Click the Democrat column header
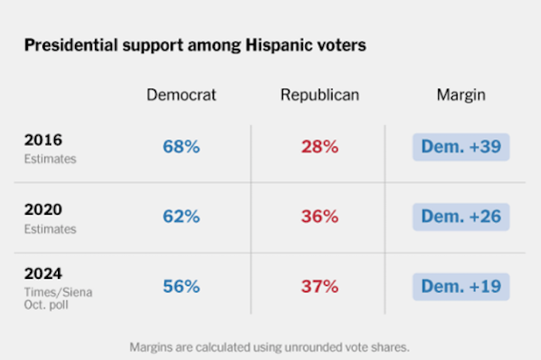click(x=182, y=95)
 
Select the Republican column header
click(x=319, y=95)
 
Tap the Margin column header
click(x=461, y=95)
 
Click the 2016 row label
click(x=43, y=141)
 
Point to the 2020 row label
click(x=43, y=210)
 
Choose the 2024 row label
click(x=43, y=273)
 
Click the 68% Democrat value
click(x=182, y=147)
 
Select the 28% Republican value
click(x=320, y=147)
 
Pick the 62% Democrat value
click(x=182, y=216)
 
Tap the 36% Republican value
click(x=320, y=216)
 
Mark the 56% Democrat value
click(x=182, y=287)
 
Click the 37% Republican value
click(x=320, y=287)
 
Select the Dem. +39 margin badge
click(x=461, y=147)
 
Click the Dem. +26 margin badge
click(x=461, y=216)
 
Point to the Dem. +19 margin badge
click(x=461, y=287)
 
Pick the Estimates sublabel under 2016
click(x=51, y=158)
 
